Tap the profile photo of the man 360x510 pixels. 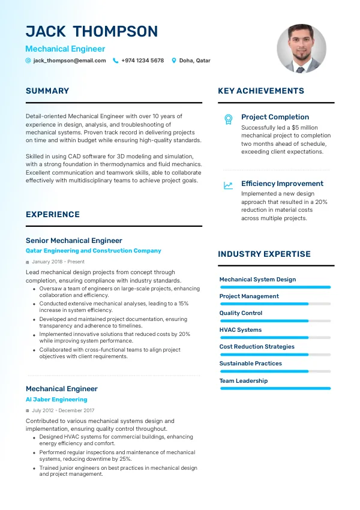[301, 49]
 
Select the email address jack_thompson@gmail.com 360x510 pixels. [70, 61]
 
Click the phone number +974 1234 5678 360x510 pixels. [142, 61]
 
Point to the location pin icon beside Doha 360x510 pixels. [174, 61]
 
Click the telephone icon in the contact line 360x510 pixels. [116, 61]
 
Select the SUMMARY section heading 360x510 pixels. [47, 91]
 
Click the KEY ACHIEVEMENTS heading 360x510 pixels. [261, 91]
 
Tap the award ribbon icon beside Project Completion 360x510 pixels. [228, 119]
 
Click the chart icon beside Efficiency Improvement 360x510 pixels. [228, 185]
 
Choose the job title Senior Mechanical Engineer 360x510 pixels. [74, 241]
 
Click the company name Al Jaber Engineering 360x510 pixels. [56, 400]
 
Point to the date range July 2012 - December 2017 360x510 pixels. [63, 410]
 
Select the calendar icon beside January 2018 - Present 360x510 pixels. [28, 262]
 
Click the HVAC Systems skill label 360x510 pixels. [241, 330]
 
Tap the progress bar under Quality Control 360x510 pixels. [275, 321]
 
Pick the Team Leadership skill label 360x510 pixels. [244, 381]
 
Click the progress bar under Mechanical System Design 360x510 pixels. [275, 287]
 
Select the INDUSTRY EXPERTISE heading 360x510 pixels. [264, 254]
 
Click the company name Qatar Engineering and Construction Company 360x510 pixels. [94, 251]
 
